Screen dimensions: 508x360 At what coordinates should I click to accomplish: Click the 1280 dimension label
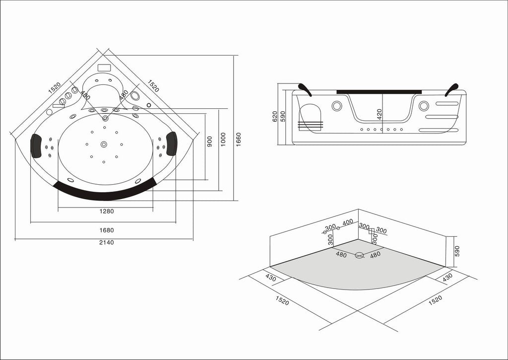click(107, 212)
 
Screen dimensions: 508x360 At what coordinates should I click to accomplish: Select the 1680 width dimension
click(107, 230)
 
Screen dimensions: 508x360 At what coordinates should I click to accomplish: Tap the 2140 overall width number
click(107, 242)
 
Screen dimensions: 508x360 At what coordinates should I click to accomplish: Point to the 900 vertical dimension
click(210, 142)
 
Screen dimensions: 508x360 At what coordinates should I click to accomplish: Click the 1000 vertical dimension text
click(223, 140)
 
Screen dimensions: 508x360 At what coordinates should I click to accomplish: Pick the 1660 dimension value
click(239, 140)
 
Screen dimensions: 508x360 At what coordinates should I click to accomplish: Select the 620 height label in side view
click(275, 116)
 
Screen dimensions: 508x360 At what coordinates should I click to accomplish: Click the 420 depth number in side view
click(380, 114)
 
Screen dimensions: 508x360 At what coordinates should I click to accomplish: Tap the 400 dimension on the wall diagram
click(348, 222)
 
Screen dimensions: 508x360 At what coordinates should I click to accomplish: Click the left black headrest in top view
click(36, 146)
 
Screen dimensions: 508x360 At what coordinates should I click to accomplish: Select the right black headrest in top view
click(172, 144)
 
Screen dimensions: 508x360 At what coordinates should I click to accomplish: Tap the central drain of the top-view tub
click(104, 144)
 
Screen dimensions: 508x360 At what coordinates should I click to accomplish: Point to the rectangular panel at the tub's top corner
click(104, 68)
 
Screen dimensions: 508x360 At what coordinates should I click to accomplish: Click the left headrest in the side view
click(305, 89)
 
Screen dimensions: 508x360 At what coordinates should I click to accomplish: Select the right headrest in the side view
click(451, 90)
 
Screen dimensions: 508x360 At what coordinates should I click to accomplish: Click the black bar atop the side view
click(379, 92)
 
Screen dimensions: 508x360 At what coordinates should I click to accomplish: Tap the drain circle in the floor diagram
click(359, 255)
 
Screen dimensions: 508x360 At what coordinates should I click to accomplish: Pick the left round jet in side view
click(337, 106)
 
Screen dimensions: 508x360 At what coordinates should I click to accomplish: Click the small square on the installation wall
click(371, 231)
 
